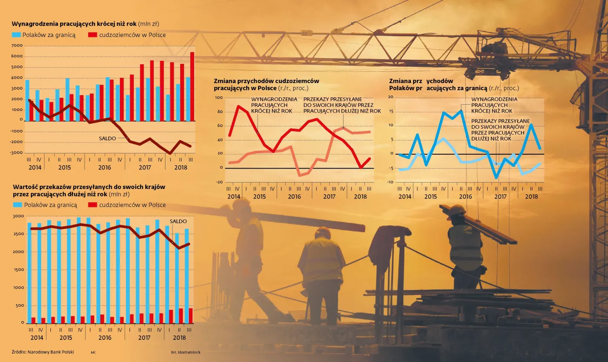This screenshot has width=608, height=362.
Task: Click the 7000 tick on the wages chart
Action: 17,46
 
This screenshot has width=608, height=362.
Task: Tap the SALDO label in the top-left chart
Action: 107,138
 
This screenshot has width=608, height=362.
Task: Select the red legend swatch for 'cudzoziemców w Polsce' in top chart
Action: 92,35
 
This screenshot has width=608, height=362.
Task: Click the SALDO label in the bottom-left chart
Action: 178,221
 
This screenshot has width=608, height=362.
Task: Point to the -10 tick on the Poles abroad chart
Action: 390,182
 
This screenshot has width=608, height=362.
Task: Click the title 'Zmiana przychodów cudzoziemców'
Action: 266,81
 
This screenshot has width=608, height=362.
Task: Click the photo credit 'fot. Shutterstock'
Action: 186,352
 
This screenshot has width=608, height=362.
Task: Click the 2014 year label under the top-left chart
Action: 36,167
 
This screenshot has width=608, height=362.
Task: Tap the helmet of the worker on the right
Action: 456,210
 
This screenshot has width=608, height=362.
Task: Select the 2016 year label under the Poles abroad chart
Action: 465,197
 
